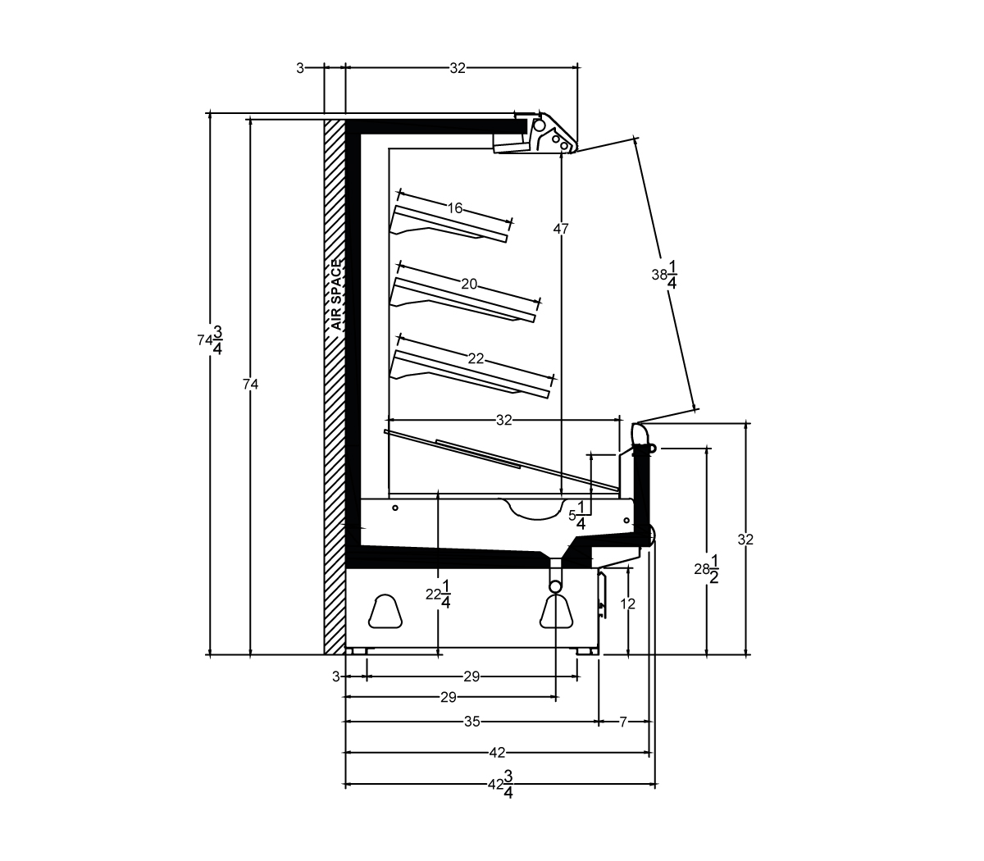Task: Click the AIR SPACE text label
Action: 337,294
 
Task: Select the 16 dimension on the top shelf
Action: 454,208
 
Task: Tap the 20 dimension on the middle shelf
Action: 469,285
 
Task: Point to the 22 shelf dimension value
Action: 476,359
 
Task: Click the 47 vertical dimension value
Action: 561,229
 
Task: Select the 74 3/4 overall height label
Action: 210,340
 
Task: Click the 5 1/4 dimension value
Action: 577,515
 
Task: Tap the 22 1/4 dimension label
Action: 438,594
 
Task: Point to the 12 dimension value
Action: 627,604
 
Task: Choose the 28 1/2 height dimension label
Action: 707,569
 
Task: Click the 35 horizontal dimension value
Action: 471,722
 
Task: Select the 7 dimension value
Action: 623,722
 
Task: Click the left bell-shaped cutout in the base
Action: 385,612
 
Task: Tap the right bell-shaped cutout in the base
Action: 557,612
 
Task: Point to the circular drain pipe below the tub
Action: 555,585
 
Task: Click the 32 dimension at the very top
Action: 458,68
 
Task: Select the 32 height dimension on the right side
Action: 745,540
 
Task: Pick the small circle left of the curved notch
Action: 395,508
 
